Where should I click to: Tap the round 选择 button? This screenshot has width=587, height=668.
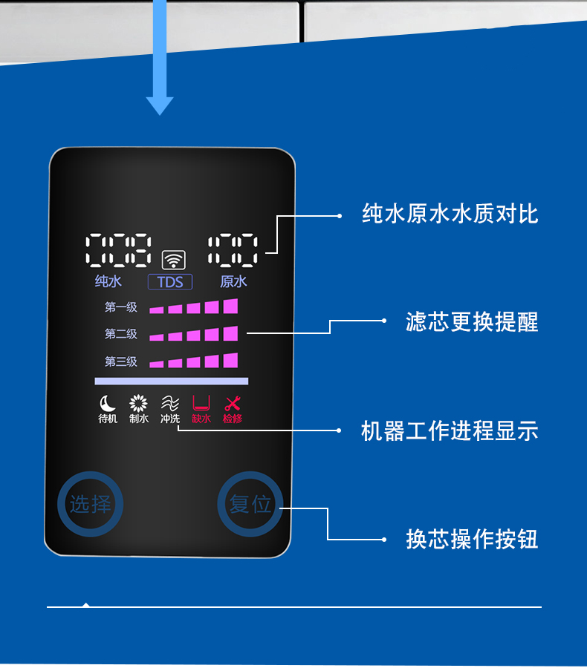tap(90, 505)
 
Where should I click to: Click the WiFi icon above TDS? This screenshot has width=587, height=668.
tap(174, 260)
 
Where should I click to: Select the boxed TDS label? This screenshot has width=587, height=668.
tap(170, 282)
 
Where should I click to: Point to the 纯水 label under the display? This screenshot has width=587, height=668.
tap(108, 281)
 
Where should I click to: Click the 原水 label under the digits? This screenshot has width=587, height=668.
tap(233, 281)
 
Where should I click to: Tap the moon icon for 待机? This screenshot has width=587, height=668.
tap(108, 403)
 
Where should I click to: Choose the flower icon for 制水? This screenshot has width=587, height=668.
tap(139, 403)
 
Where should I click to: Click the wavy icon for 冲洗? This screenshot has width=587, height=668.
tap(170, 403)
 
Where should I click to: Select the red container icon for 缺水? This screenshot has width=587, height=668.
tap(201, 403)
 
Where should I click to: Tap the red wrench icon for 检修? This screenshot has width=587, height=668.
tap(233, 403)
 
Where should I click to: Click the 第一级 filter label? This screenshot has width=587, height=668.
tap(121, 307)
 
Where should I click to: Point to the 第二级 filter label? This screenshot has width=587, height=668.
tap(121, 335)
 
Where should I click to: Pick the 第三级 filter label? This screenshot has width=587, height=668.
tap(121, 362)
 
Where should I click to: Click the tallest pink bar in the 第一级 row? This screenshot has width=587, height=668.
tap(230, 306)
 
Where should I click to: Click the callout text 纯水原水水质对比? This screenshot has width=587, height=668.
tap(450, 215)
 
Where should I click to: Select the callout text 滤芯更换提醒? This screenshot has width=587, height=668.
tap(472, 321)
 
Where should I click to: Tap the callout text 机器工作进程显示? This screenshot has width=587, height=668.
tap(450, 431)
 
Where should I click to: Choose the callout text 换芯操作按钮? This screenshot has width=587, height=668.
tap(472, 539)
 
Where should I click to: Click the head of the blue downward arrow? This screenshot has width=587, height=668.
tap(160, 105)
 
